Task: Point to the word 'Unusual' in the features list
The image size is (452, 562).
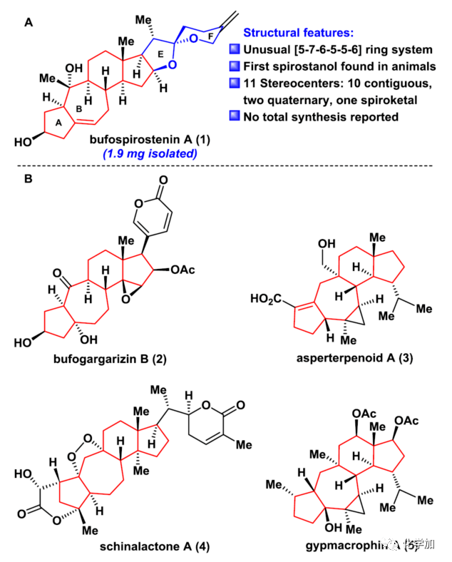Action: [x=270, y=50]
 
